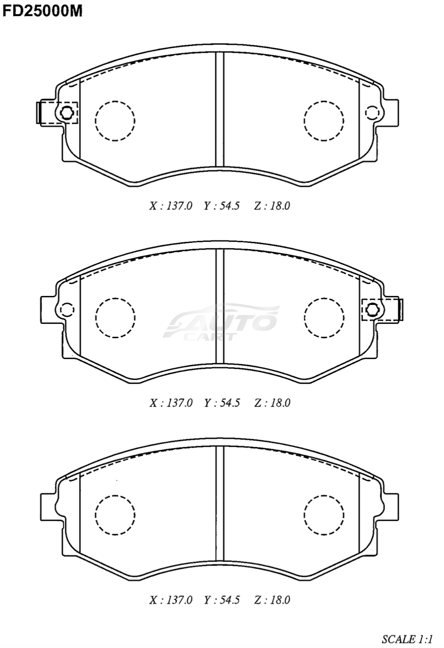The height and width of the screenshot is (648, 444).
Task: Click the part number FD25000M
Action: click(x=43, y=11)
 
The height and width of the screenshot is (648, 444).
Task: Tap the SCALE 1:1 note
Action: click(x=407, y=639)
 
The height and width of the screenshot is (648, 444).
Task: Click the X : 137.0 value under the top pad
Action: click(x=171, y=206)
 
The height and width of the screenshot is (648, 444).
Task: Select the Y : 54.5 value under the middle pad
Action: click(x=222, y=403)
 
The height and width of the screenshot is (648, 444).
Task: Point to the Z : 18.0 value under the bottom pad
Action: click(x=272, y=600)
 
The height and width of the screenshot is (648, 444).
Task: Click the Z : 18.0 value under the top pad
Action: click(x=272, y=206)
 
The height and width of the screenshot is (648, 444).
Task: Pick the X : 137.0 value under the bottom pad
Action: click(x=171, y=600)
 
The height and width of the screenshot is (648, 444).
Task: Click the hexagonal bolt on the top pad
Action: click(x=67, y=113)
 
